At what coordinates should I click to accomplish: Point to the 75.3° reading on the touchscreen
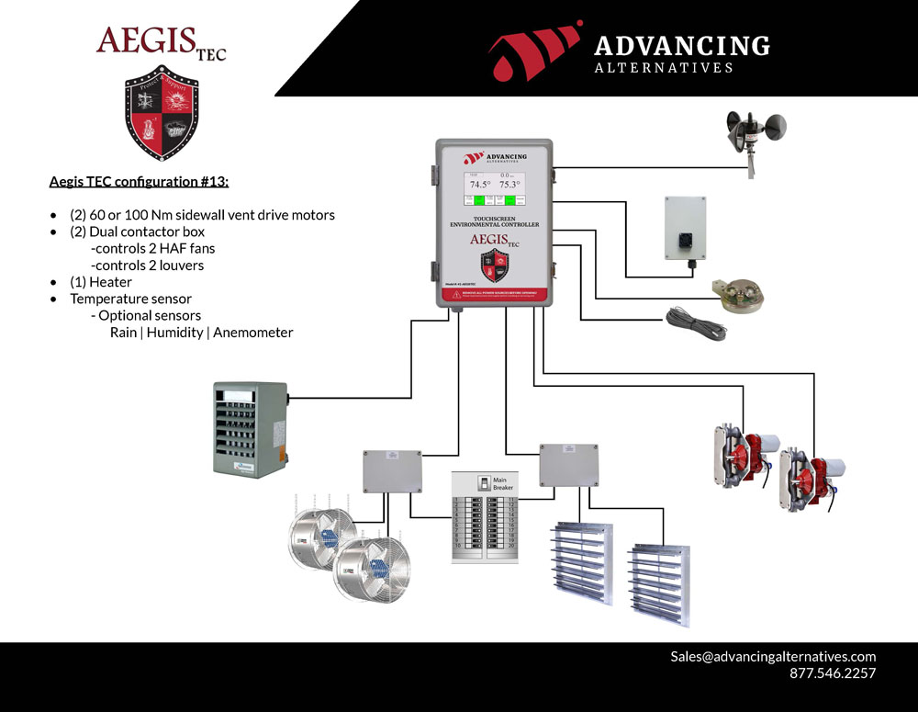pos(509,185)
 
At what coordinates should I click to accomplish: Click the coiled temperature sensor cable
pos(697,322)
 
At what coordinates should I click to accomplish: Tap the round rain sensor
pos(742,294)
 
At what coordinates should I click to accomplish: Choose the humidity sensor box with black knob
pos(685,228)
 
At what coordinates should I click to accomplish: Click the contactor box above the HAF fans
pos(392,471)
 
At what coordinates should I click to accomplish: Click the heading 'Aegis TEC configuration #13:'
pos(139,182)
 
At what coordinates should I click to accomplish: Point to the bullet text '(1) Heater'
pos(101,282)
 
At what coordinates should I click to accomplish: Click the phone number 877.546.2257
pos(833,673)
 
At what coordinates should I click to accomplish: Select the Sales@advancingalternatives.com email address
pos(773,656)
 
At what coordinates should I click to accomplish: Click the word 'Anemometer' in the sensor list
pos(253,333)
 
